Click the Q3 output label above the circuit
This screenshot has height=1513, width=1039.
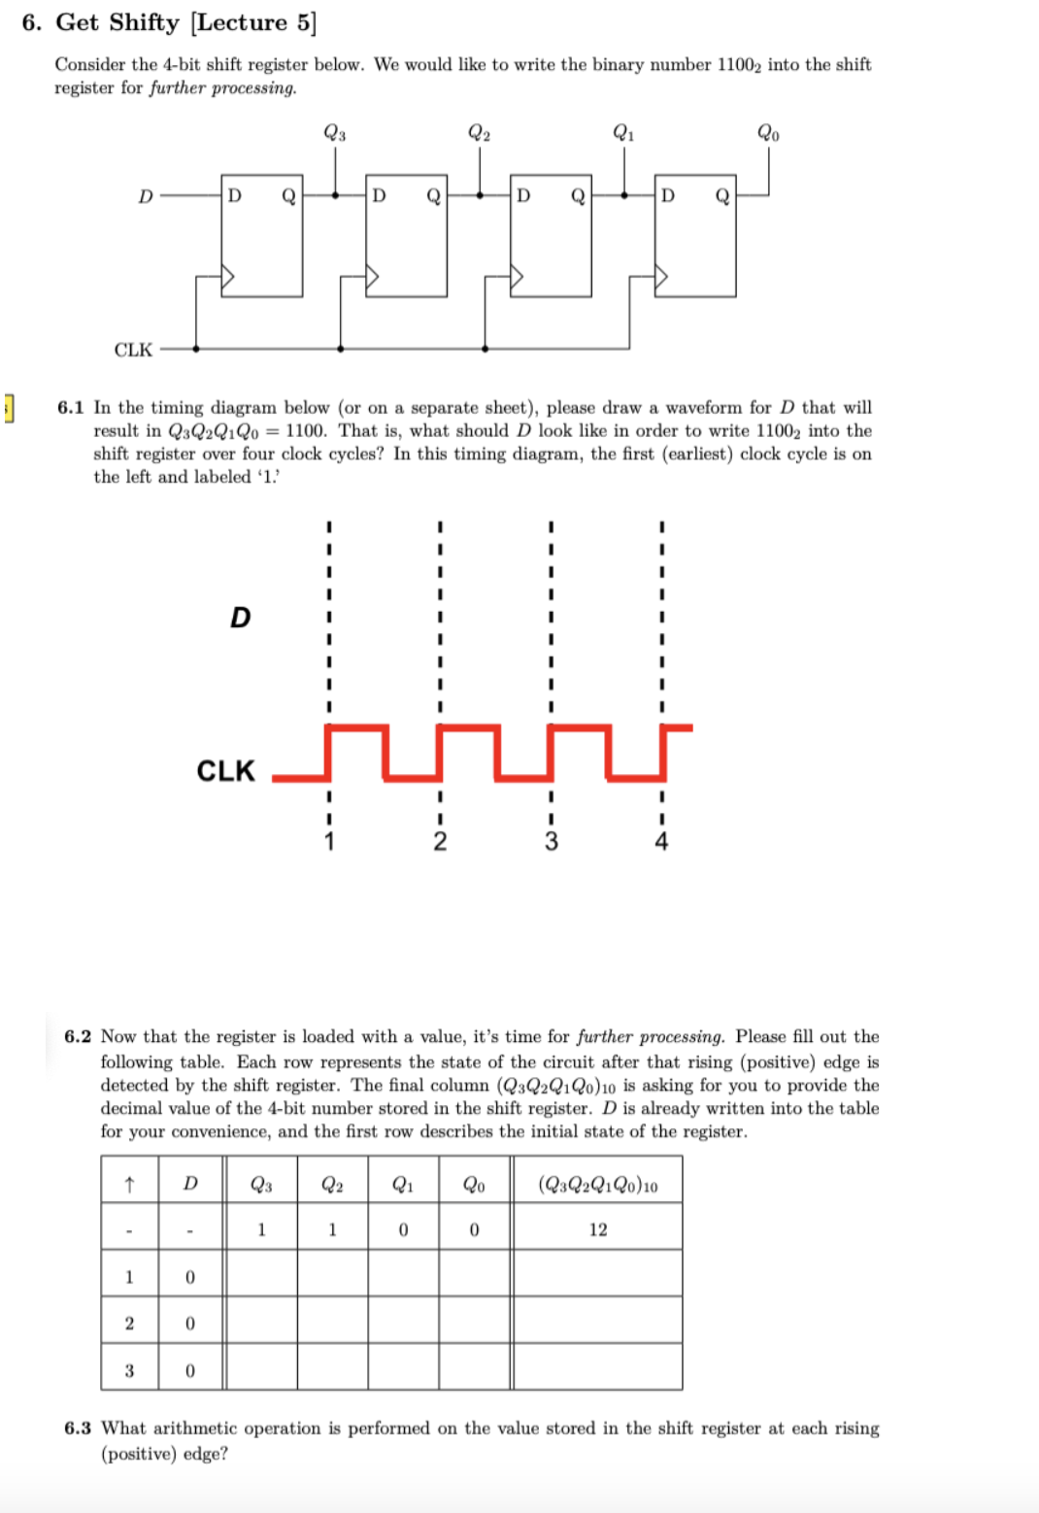[x=334, y=133]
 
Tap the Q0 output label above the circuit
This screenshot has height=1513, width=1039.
[x=768, y=133]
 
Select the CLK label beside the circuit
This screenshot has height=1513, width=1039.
[x=133, y=350]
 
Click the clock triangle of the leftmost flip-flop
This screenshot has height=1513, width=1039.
[x=228, y=278]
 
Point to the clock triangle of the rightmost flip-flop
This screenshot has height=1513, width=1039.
[x=662, y=278]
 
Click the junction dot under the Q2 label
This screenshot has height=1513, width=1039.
[x=480, y=195]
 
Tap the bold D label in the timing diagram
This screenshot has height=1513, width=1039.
[x=240, y=618]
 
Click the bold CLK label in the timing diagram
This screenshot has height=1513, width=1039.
[x=225, y=771]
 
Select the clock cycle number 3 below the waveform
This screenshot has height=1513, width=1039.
[x=551, y=841]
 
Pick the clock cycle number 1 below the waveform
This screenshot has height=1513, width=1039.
[x=329, y=841]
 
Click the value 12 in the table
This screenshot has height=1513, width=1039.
[x=598, y=1229]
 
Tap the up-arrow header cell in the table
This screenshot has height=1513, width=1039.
[x=129, y=1184]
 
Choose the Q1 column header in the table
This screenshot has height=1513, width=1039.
[x=403, y=1184]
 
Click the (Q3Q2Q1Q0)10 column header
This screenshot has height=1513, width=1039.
[x=598, y=1185]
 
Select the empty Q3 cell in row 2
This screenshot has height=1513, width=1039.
[x=261, y=1323]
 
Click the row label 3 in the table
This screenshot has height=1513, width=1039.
[x=129, y=1370]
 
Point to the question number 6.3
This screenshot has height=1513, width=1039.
[x=78, y=1429]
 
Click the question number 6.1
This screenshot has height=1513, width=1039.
[x=71, y=408]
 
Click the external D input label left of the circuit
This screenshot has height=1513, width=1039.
[x=146, y=196]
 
